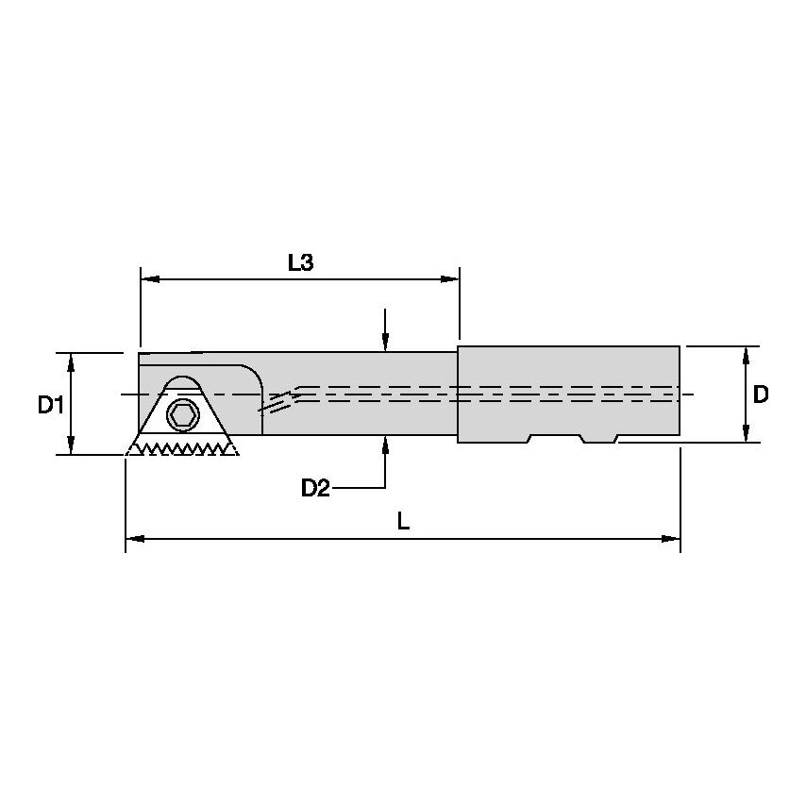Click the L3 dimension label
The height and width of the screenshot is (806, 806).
click(x=300, y=263)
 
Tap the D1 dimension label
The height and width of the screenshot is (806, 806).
click(x=50, y=405)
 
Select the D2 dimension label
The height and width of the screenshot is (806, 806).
click(x=315, y=488)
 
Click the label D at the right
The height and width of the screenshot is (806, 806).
click(x=761, y=395)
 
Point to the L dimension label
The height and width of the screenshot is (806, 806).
click(x=403, y=522)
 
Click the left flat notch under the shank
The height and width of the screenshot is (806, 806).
click(x=556, y=439)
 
